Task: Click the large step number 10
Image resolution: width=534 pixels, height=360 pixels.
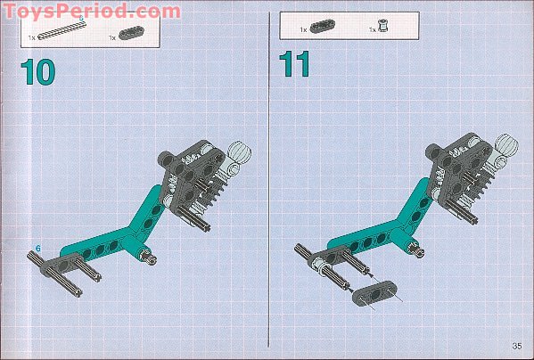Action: click(x=37, y=72)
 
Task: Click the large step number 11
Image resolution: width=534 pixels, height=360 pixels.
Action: click(x=294, y=64)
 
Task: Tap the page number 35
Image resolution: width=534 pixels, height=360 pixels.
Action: click(x=517, y=346)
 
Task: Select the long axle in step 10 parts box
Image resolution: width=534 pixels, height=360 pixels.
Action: click(x=62, y=31)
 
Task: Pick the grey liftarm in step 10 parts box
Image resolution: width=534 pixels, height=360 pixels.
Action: click(x=131, y=33)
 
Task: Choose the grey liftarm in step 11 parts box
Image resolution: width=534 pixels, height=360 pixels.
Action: click(x=322, y=27)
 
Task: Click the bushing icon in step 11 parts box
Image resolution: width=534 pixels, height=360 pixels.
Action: click(x=383, y=26)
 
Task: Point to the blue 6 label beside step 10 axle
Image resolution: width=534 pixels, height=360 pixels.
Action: click(x=37, y=249)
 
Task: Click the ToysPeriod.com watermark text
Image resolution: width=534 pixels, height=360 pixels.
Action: click(x=92, y=11)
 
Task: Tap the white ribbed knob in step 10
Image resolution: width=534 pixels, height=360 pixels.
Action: click(x=239, y=151)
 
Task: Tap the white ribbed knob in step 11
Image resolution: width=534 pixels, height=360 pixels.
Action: click(x=506, y=144)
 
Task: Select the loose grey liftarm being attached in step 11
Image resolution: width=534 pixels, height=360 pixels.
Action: click(x=374, y=293)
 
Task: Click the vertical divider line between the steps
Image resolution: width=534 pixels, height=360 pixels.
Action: click(x=269, y=179)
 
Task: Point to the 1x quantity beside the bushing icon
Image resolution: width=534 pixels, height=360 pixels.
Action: click(x=372, y=30)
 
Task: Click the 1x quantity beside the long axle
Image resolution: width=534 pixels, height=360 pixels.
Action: click(x=32, y=37)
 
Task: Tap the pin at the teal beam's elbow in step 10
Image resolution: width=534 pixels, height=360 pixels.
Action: click(x=149, y=258)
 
